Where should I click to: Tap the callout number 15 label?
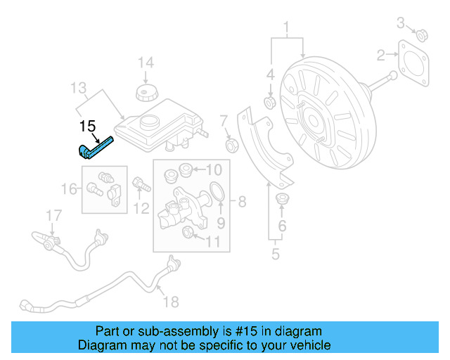pos(87,127)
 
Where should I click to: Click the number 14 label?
pos(145,63)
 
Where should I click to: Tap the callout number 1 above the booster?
pos(286,29)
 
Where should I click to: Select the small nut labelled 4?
pos(269,104)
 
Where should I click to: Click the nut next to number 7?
pos(230,146)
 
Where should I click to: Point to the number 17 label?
pos(54,215)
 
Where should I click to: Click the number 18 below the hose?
pos(171,302)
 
